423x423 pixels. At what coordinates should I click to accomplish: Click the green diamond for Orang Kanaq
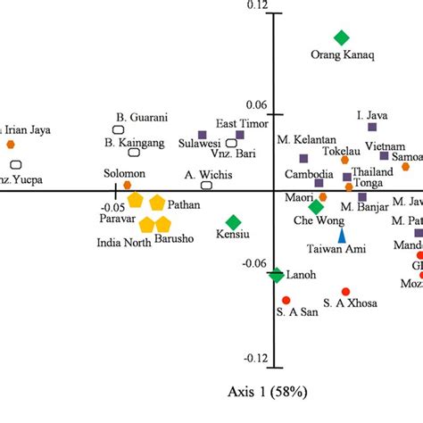tap(341, 37)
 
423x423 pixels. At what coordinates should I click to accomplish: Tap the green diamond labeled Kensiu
tap(233, 221)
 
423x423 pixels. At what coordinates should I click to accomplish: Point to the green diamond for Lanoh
tap(278, 276)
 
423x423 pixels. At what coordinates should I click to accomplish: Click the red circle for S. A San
tap(286, 300)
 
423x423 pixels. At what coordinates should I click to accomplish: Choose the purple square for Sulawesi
tap(202, 136)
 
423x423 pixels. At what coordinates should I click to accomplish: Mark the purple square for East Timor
tap(240, 135)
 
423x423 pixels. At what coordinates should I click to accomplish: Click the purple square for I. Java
tap(372, 127)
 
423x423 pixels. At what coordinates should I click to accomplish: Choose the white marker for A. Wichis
tap(207, 186)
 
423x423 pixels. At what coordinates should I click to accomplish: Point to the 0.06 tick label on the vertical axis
tap(256, 104)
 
